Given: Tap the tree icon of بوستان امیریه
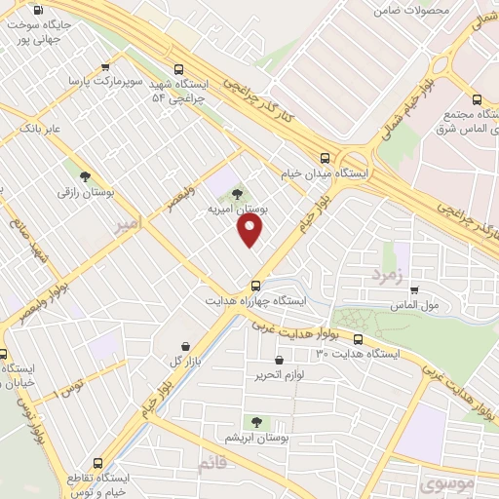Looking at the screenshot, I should coord(238,193).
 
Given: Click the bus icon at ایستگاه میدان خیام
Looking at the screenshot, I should coord(326,158).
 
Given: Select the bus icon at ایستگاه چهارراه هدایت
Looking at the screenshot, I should coord(255,286).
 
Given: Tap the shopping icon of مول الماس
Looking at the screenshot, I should coord(414,289).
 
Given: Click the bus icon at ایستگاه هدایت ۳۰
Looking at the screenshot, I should coord(358,340).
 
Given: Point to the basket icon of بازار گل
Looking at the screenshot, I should coord(186,346).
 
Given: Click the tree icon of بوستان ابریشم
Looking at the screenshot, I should coord(256,422).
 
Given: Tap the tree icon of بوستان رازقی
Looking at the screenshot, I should coord(85,176).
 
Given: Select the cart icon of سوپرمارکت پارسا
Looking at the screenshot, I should coord(104,67).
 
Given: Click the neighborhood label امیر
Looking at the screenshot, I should coord(127,223).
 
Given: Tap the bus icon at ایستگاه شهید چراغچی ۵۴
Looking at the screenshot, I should coord(177,69).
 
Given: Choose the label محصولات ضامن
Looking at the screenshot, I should coord(411,10).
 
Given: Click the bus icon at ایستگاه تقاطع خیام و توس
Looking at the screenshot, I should coord(96,464).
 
